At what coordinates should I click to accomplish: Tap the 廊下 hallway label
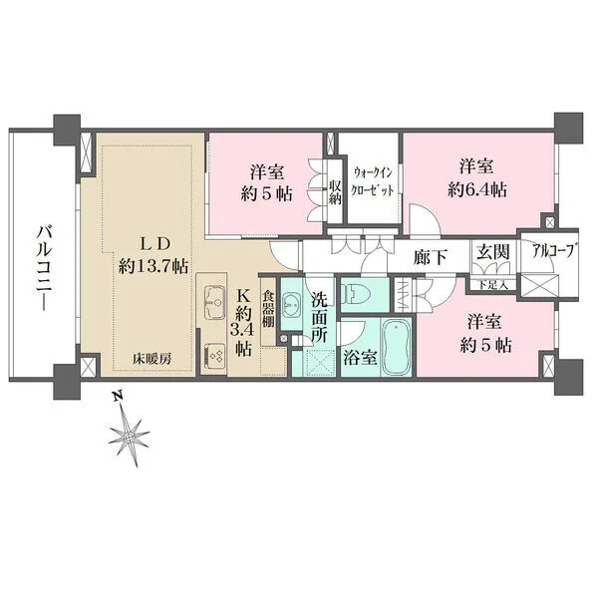(x=430, y=255)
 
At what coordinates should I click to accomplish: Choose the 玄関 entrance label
(x=492, y=254)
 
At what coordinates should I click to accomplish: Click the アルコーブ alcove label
(x=548, y=253)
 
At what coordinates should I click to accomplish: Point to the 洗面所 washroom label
(x=319, y=317)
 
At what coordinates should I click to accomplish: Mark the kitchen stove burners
(x=214, y=355)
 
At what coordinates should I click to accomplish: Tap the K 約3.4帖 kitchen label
(x=243, y=321)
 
